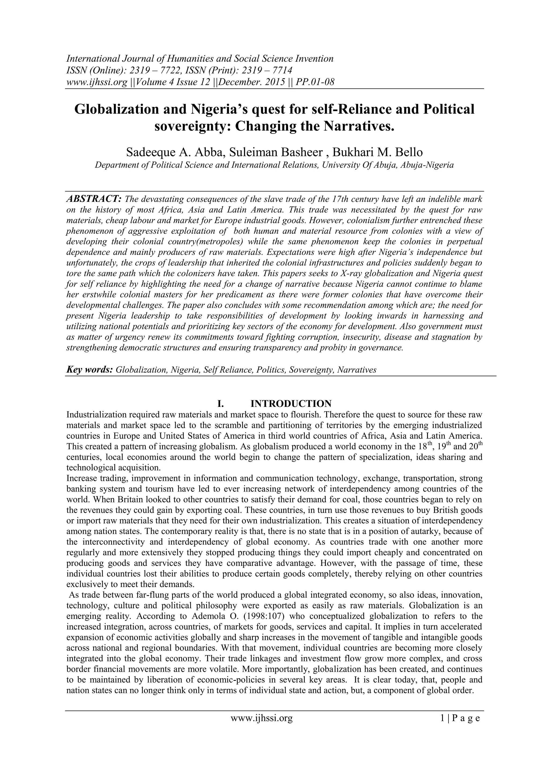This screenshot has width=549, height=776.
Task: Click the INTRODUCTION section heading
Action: point(291,404)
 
